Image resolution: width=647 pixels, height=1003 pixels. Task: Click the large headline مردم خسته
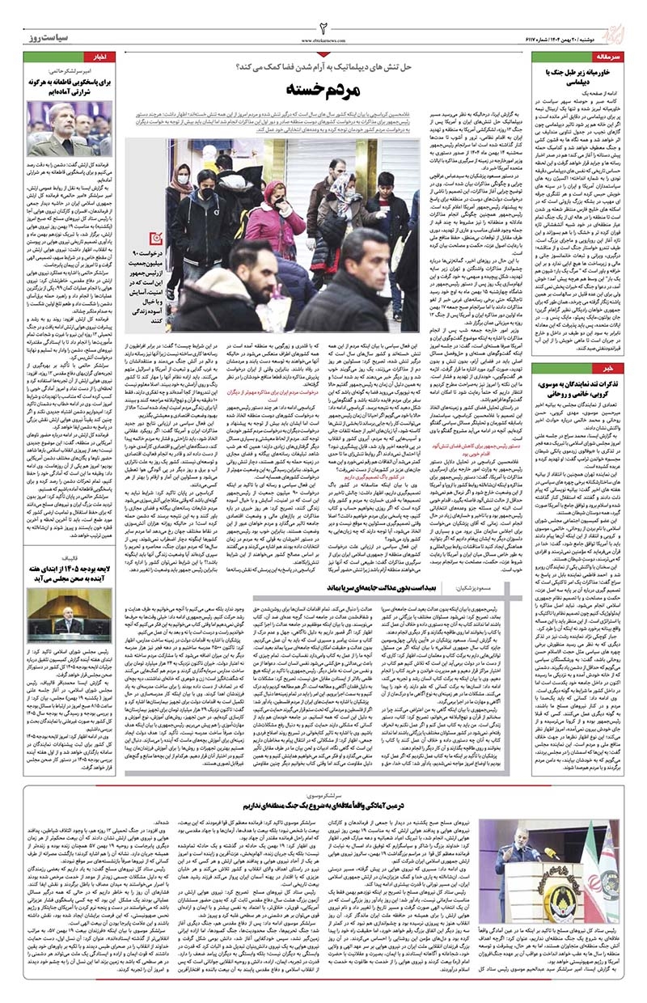(x=322, y=90)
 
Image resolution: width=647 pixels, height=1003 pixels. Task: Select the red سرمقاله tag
(x=607, y=60)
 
